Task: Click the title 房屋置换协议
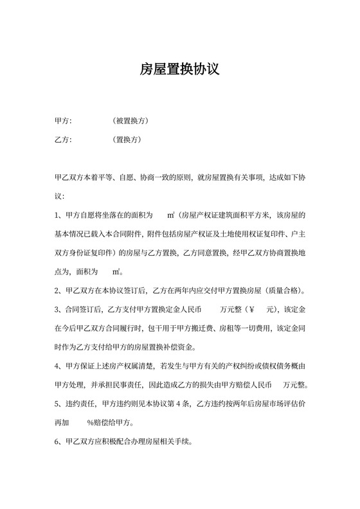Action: pos(179,69)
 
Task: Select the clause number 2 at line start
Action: pos(58,289)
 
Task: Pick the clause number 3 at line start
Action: pos(58,309)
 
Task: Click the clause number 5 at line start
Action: pos(58,404)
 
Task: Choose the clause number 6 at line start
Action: pos(58,443)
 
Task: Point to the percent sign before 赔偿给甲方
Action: pos(91,424)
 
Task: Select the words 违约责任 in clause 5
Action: pos(81,404)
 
